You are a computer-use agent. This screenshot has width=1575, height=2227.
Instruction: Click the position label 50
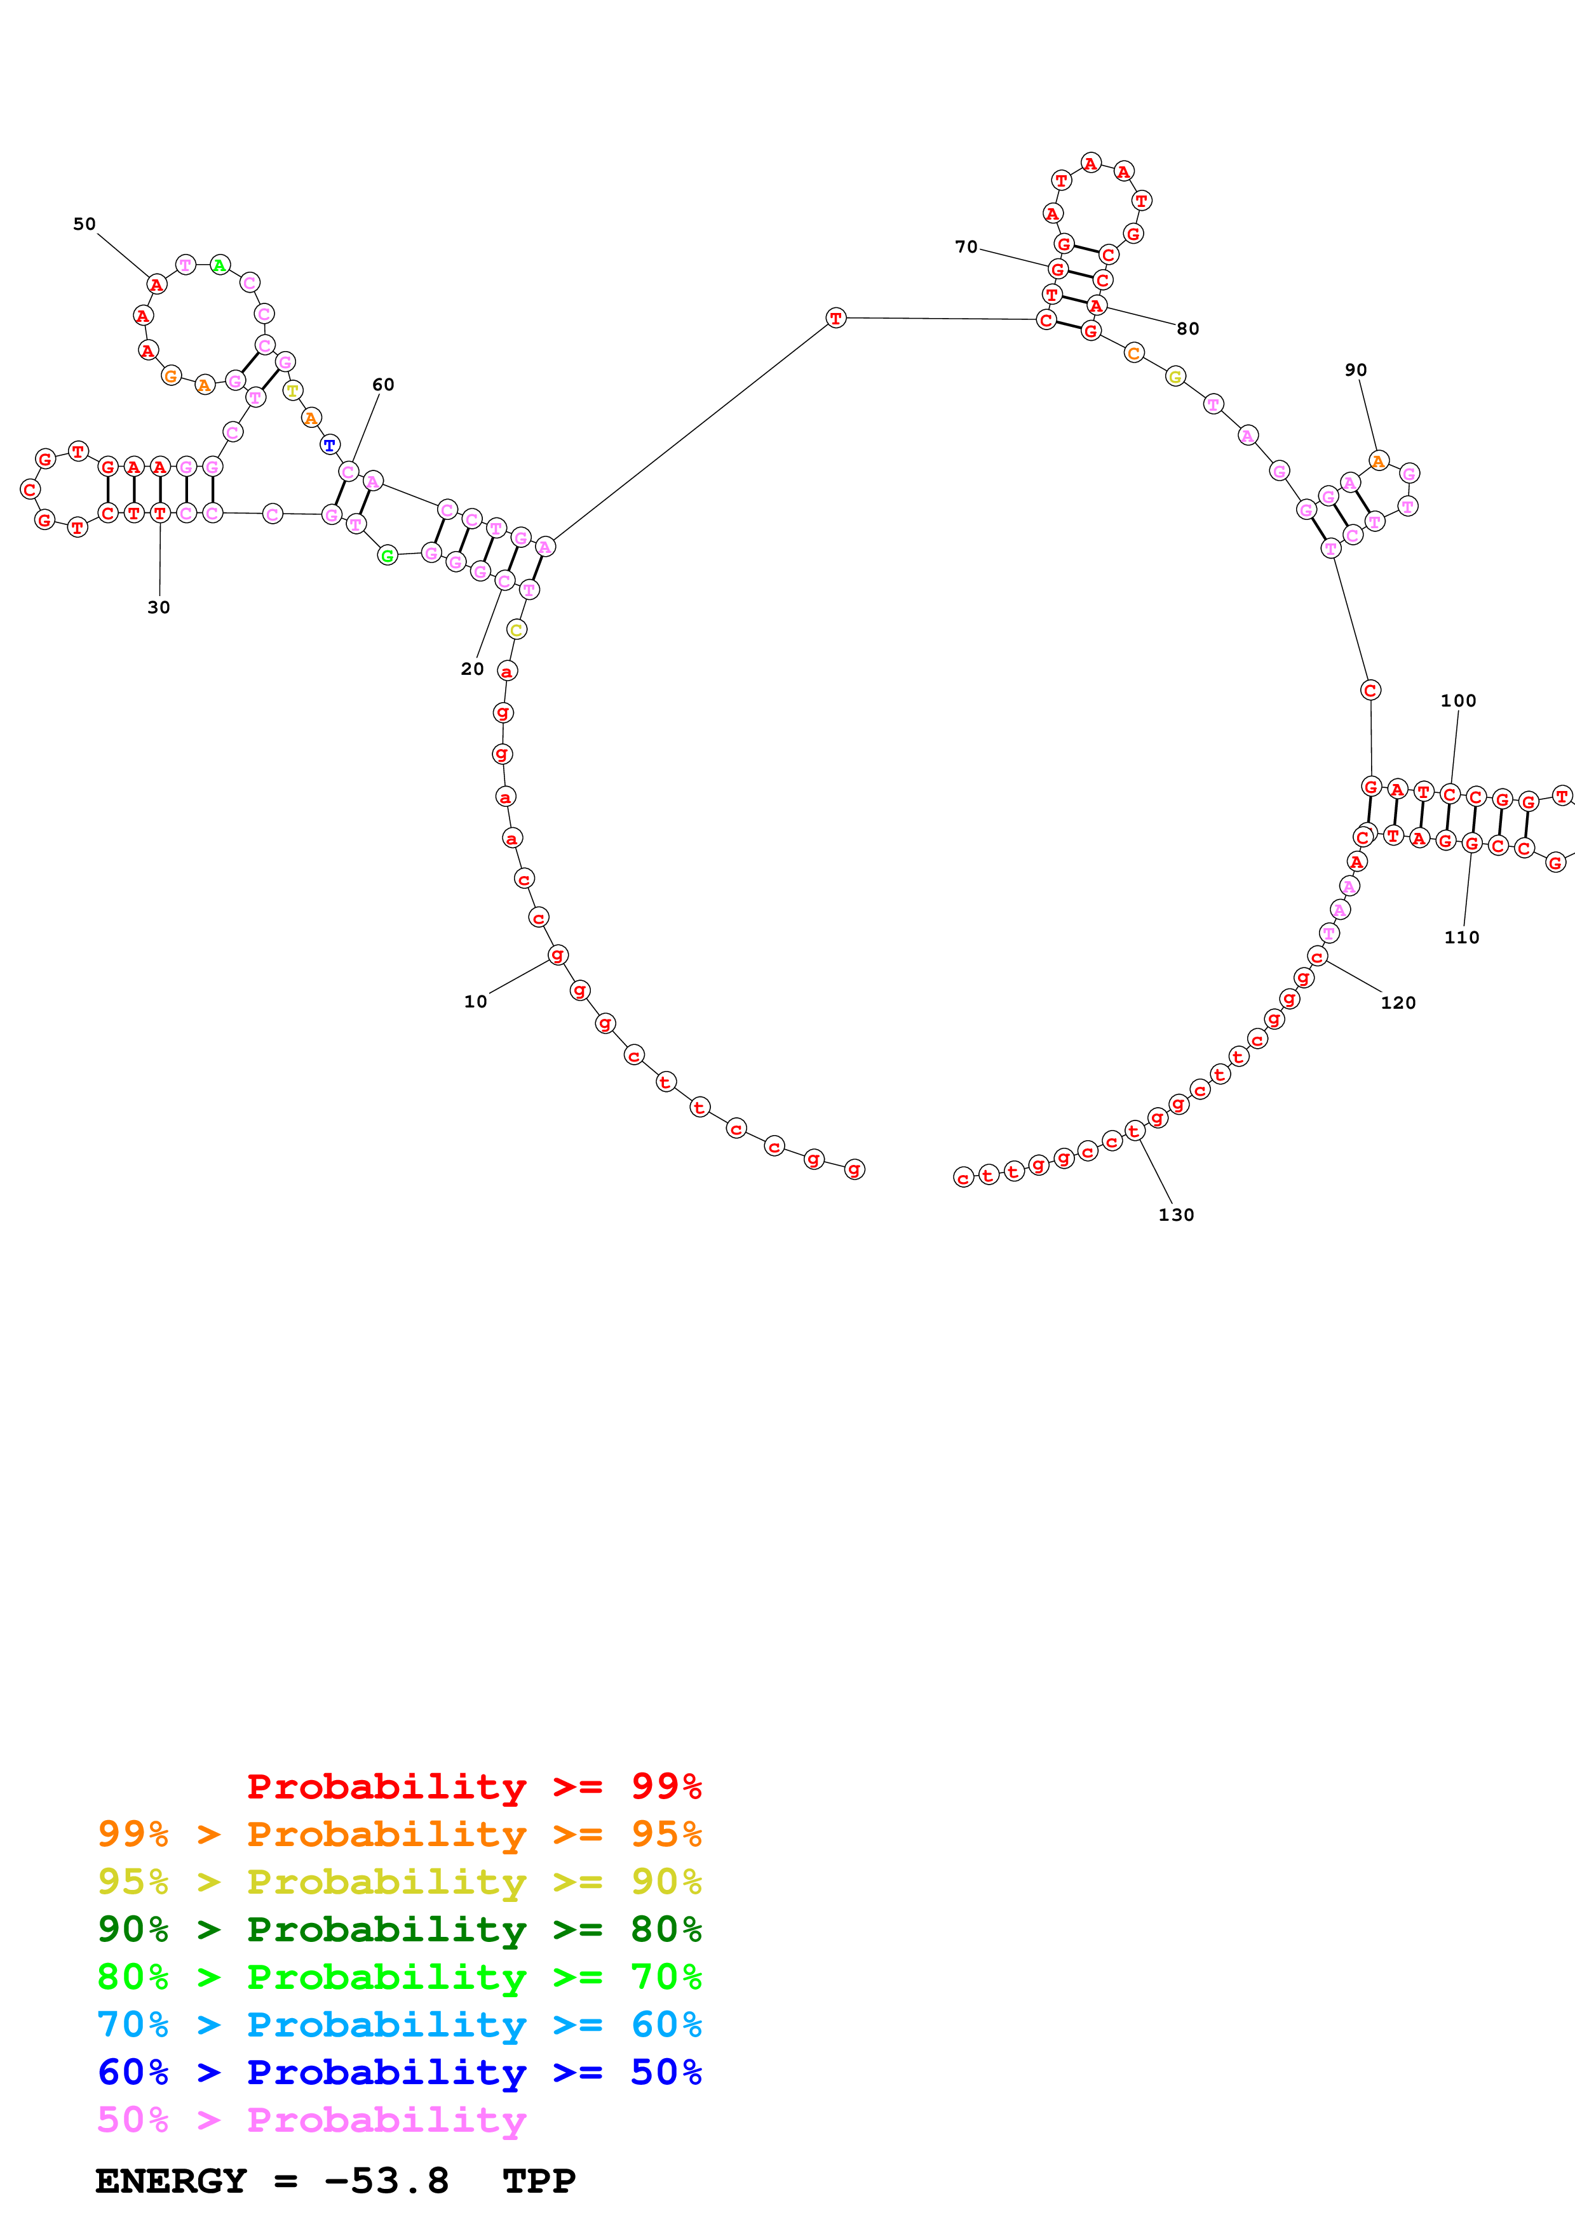[84, 224]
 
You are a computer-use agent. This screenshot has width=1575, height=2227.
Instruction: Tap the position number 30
[158, 607]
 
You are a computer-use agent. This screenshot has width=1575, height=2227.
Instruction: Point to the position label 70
[966, 248]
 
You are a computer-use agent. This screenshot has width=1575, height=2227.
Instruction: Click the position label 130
[1175, 1214]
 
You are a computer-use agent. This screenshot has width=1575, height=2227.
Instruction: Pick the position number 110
[1461, 937]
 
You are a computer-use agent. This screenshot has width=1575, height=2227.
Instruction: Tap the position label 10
[475, 1001]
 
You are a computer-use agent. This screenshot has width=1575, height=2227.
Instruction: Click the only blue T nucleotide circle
[330, 445]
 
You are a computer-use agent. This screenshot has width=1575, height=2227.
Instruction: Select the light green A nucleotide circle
[220, 265]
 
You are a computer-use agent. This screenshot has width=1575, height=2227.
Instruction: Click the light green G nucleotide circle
[387, 555]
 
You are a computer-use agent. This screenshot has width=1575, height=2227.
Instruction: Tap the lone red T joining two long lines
[835, 318]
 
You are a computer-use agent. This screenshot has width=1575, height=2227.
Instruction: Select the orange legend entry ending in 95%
[399, 1833]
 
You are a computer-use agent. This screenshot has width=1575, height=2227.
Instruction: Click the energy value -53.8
[386, 2181]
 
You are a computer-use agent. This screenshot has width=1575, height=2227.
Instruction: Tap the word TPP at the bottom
[539, 2181]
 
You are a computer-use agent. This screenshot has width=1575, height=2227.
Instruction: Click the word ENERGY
[171, 2181]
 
